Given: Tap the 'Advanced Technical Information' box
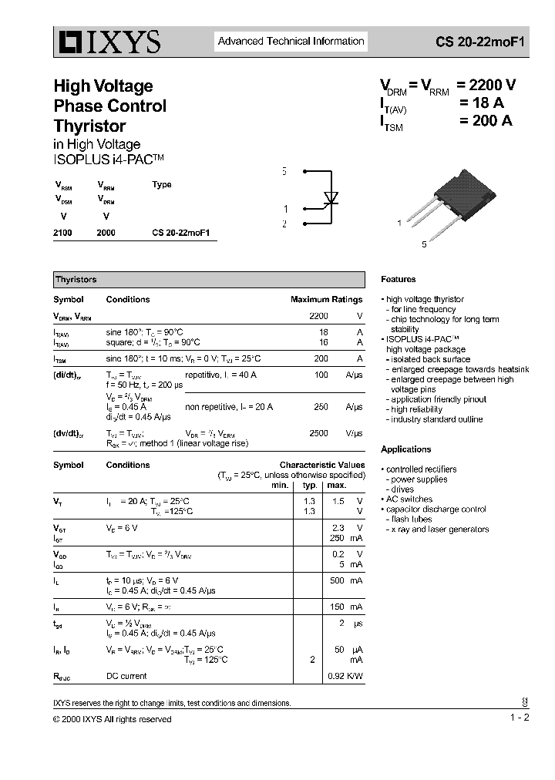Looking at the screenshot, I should (x=291, y=42).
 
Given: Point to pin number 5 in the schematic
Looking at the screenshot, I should (x=284, y=171).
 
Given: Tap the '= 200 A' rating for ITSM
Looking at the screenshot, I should (x=486, y=120).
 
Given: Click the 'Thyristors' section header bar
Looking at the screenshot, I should (x=208, y=280).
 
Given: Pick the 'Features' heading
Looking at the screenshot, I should (x=398, y=280).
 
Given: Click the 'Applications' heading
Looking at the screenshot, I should (x=405, y=449).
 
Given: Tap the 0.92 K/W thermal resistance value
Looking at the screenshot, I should (x=345, y=677).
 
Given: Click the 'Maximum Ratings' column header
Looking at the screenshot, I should (x=326, y=300).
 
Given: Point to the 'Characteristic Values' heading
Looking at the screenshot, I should (x=321, y=466).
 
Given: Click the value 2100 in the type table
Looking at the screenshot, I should (x=62, y=232).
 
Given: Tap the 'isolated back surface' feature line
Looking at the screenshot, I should (x=430, y=359).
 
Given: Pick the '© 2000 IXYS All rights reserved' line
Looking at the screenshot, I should (x=113, y=719).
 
